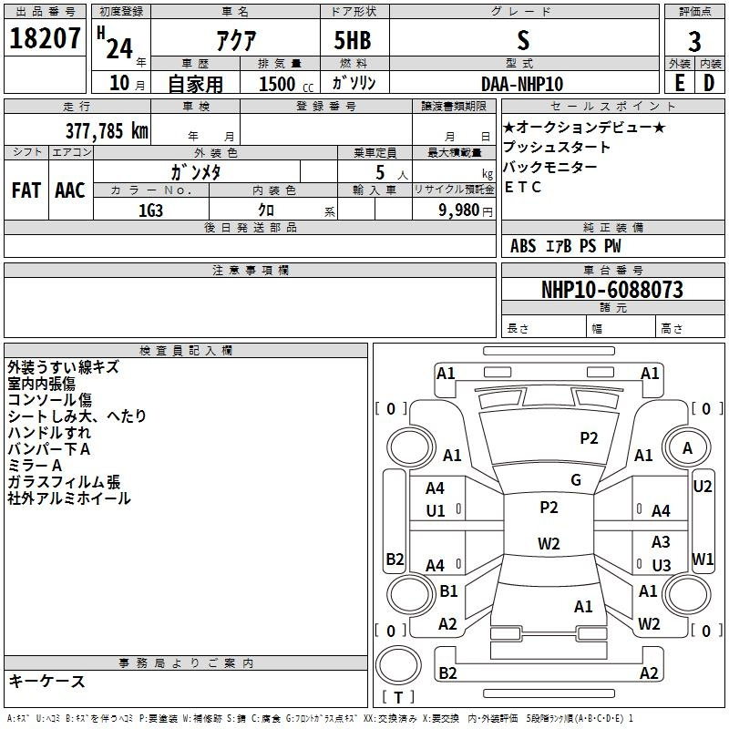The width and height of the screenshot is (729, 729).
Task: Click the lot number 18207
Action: pyautogui.click(x=46, y=39)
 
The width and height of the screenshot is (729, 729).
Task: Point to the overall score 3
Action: pyautogui.click(x=694, y=42)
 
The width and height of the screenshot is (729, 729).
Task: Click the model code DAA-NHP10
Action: pyautogui.click(x=522, y=84)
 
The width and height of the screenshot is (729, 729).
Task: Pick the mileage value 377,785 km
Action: pyautogui.click(x=106, y=129)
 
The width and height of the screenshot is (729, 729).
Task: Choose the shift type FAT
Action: pyautogui.click(x=26, y=190)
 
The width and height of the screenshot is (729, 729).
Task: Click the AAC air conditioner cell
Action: pyautogui.click(x=70, y=190)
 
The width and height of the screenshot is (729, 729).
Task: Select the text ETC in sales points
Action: pyautogui.click(x=523, y=187)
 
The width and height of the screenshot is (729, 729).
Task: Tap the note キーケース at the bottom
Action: pyautogui.click(x=46, y=681)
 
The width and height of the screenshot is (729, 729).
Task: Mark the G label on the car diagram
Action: pyautogui.click(x=576, y=480)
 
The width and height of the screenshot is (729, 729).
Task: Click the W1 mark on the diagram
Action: pyautogui.click(x=703, y=559)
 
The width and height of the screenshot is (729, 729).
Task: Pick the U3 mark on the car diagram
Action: pyautogui.click(x=662, y=565)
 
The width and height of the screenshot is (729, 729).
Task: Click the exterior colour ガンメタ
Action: pyautogui.click(x=196, y=171)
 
